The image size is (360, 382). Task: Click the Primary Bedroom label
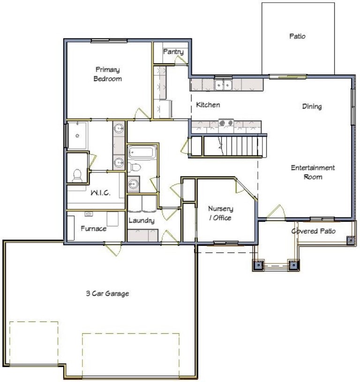(107, 74)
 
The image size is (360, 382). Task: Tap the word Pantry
(173, 52)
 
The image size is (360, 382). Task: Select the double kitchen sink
(223, 85)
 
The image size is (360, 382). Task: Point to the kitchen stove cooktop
(226, 123)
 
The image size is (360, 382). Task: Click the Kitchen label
(208, 105)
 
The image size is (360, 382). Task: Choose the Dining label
(312, 106)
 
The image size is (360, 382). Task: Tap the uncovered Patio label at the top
(297, 36)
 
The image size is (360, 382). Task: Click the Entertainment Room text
(313, 172)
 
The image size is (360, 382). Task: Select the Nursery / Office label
(220, 213)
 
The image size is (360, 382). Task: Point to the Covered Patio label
(314, 231)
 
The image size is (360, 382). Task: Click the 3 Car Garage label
(107, 293)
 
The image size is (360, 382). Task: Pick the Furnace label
(93, 229)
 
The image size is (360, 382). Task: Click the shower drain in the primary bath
(77, 135)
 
